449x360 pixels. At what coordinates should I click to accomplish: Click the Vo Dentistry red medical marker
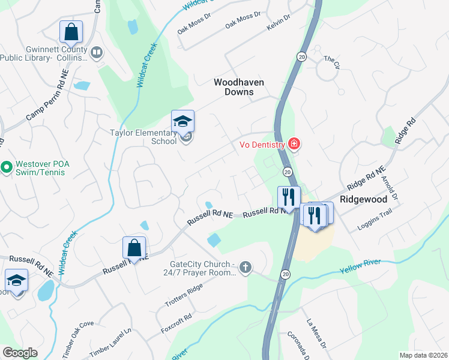[x=294, y=143]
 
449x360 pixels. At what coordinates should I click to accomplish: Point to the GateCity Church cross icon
[x=245, y=266]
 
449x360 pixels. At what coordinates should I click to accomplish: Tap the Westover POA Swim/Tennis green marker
[x=7, y=166]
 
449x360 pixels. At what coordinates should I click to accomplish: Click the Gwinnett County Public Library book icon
[x=96, y=53]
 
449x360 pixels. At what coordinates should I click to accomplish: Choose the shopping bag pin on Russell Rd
[x=134, y=248]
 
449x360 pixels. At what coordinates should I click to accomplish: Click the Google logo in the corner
[x=20, y=353]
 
